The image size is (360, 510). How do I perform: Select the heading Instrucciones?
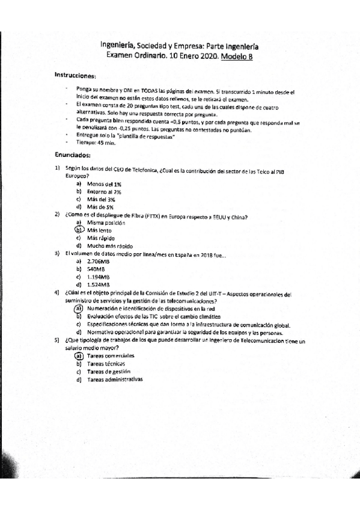(x=75, y=76)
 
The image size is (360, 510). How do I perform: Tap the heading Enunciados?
(x=72, y=154)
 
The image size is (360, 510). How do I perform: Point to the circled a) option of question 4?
(x=78, y=309)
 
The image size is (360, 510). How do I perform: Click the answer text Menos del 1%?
(x=104, y=183)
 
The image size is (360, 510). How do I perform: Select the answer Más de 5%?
(x=100, y=207)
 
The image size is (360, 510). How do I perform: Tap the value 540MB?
(x=97, y=269)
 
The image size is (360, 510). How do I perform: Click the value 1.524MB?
(x=99, y=284)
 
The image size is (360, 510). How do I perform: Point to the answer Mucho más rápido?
(x=110, y=246)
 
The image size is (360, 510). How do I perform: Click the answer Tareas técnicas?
(x=106, y=364)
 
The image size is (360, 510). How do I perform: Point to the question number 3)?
(x=57, y=253)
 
